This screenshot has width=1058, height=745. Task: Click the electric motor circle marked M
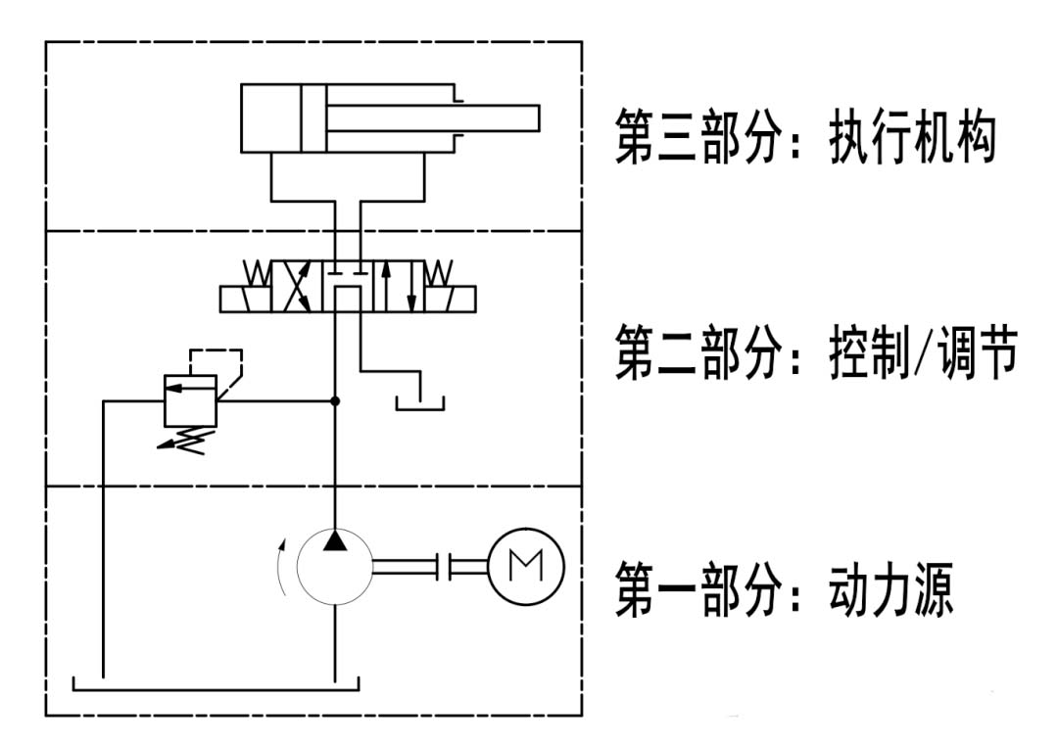pyautogui.click(x=525, y=567)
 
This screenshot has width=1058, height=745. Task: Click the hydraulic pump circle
pyautogui.click(x=334, y=568)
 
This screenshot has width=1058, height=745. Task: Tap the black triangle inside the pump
pyautogui.click(x=334, y=540)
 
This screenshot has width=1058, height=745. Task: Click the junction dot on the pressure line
pyautogui.click(x=335, y=400)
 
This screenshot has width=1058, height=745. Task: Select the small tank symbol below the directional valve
pyautogui.click(x=419, y=401)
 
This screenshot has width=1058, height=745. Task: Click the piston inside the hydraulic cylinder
pyautogui.click(x=313, y=118)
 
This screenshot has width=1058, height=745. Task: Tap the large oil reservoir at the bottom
pyautogui.click(x=216, y=683)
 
